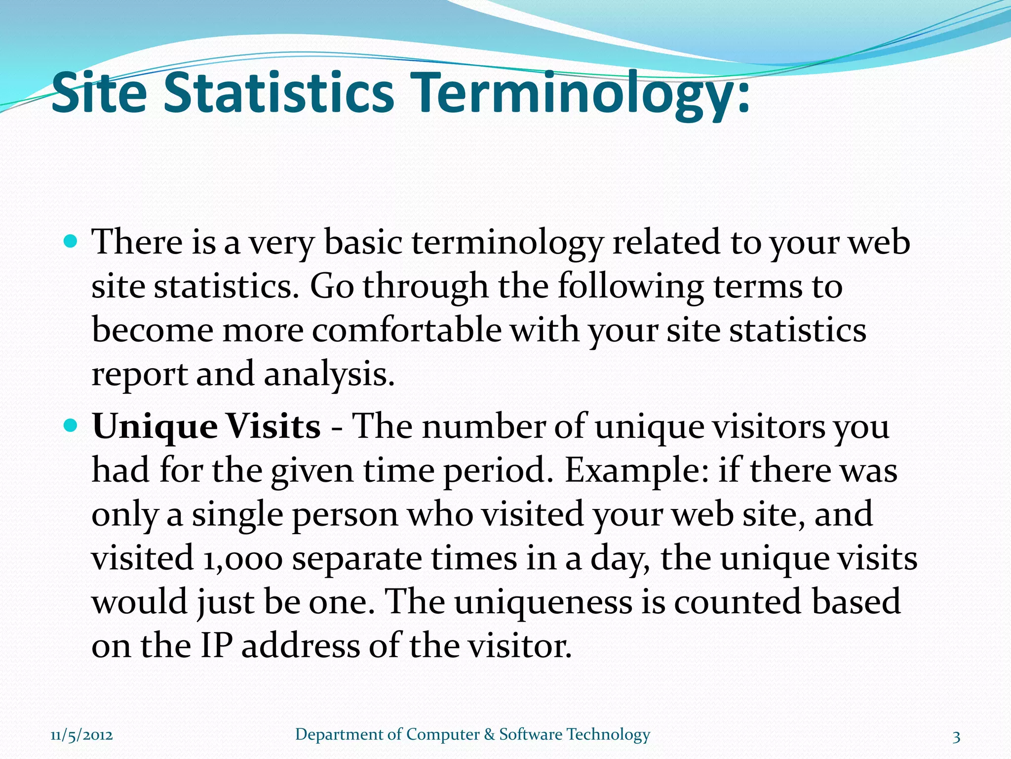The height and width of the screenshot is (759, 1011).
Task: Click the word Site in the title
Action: [99, 93]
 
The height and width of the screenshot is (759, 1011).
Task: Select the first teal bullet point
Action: [71, 242]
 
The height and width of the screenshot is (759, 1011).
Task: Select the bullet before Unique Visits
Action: [71, 424]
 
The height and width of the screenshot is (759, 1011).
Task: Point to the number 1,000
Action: [242, 559]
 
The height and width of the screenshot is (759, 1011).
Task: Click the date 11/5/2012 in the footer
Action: [81, 735]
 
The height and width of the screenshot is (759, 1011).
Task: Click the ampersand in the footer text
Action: [489, 735]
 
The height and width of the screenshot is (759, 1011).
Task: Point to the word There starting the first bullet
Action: [138, 243]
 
